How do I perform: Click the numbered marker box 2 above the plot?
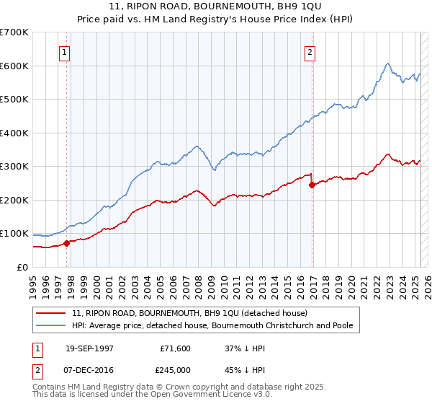[x=310, y=52]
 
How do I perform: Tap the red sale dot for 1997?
[x=66, y=243]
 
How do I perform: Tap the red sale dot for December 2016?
[x=312, y=185]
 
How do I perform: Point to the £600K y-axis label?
[x=14, y=66]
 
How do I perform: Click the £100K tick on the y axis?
[x=14, y=234]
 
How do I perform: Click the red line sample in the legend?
[x=52, y=314]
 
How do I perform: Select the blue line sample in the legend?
[x=52, y=326]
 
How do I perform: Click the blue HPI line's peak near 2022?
[x=387, y=63]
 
